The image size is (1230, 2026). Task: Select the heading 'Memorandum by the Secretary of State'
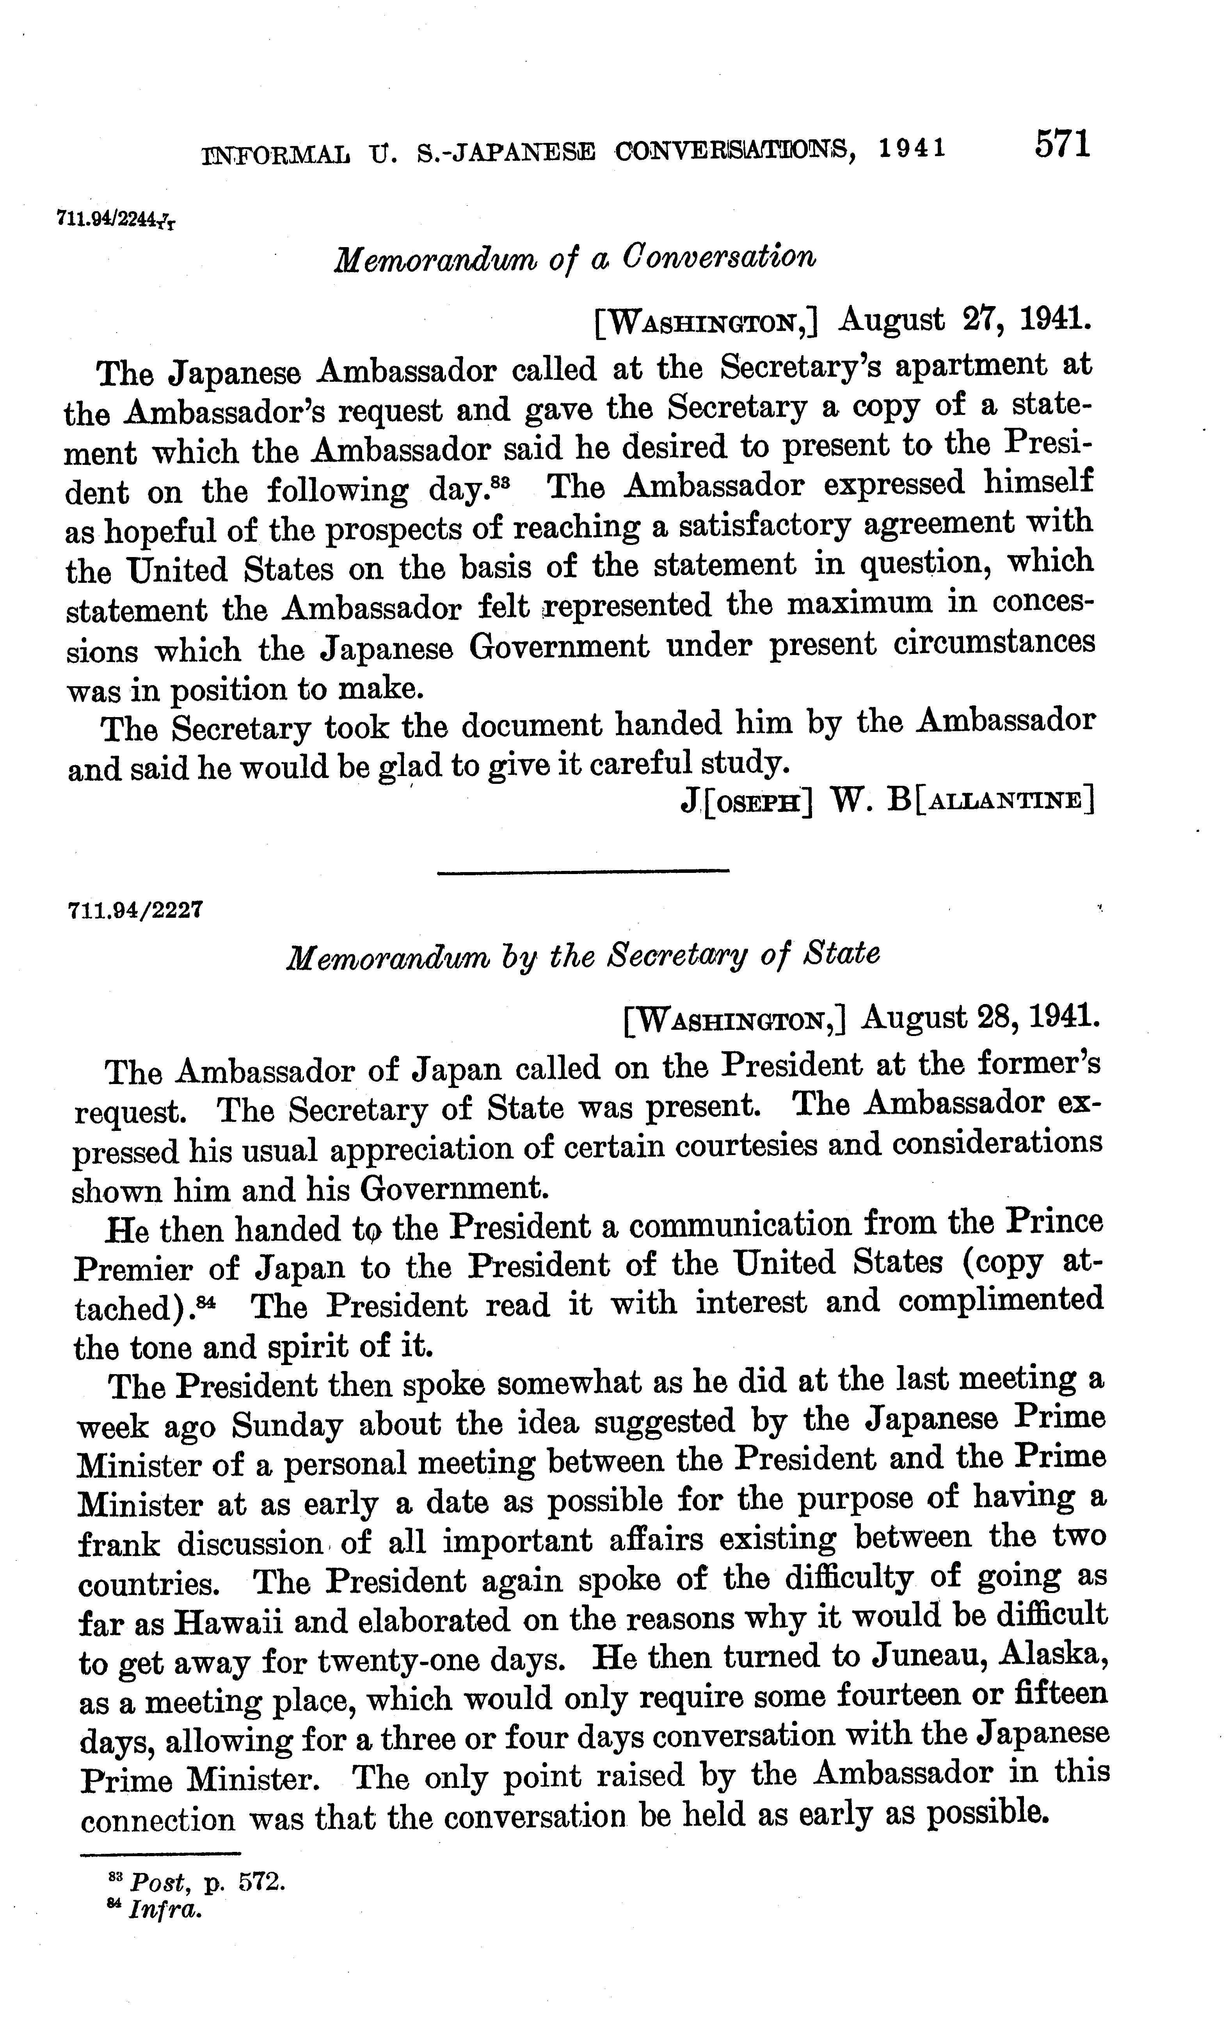tap(582, 956)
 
